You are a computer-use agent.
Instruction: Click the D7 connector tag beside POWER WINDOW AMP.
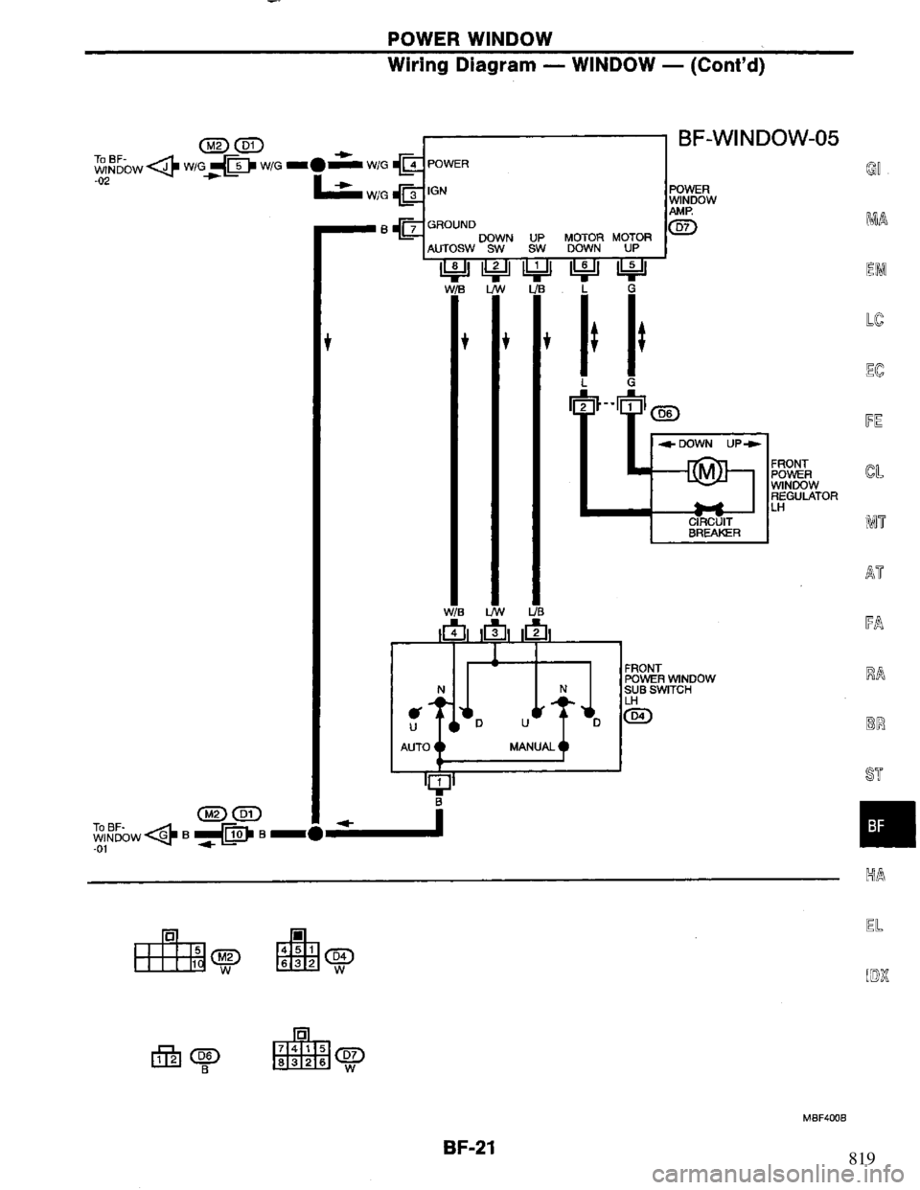688,226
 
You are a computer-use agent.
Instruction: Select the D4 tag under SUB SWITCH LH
637,715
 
